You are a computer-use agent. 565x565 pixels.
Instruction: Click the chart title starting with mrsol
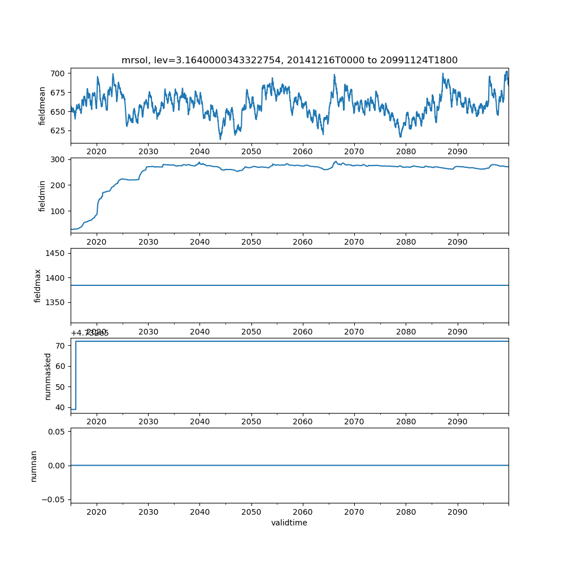tap(289, 60)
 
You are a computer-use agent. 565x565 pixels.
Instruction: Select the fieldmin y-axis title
tap(42, 195)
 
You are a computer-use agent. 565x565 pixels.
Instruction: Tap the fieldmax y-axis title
tap(38, 285)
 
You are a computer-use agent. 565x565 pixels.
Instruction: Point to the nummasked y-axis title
tap(48, 376)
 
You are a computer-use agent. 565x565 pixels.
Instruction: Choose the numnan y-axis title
tap(34, 466)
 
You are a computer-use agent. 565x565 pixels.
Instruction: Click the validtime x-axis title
tap(289, 523)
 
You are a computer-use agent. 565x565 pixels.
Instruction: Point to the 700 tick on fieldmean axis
tap(59, 73)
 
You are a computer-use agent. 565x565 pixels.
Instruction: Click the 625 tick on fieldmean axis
tap(59, 131)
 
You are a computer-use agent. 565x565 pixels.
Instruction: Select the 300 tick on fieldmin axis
tap(59, 159)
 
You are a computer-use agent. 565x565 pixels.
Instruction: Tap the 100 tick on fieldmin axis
tap(59, 211)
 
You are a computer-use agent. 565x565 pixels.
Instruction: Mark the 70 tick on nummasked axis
tap(62, 346)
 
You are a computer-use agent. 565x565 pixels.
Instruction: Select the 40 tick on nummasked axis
tap(62, 407)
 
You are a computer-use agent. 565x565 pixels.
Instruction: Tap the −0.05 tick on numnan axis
tap(55, 499)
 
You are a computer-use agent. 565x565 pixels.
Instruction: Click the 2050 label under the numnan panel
tap(251, 512)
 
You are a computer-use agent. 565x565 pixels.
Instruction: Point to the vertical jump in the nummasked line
tap(76, 375)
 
